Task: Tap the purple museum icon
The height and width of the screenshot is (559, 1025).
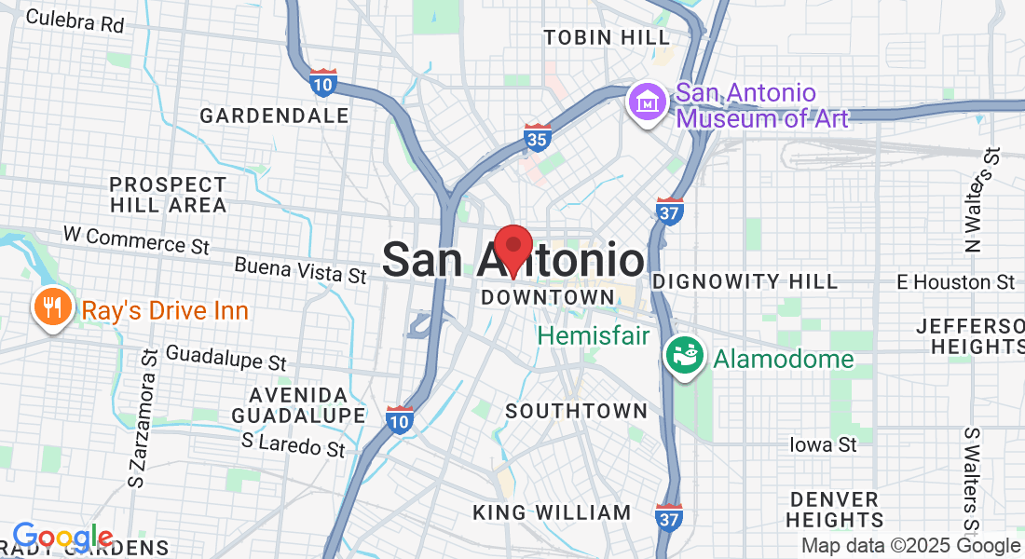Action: pyautogui.click(x=646, y=102)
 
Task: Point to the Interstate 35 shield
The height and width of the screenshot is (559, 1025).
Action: pyautogui.click(x=537, y=137)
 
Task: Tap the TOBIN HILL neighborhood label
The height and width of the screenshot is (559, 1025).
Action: pyautogui.click(x=607, y=37)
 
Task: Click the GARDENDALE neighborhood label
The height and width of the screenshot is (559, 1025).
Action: pyautogui.click(x=274, y=116)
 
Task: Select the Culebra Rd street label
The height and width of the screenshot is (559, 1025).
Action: pyautogui.click(x=75, y=20)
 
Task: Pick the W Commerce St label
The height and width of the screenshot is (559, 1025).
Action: pyautogui.click(x=136, y=240)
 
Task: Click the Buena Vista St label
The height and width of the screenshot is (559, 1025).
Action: pyautogui.click(x=300, y=272)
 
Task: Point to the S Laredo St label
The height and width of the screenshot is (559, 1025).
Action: pyautogui.click(x=293, y=444)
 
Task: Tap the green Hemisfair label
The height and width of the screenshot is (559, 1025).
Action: pyautogui.click(x=593, y=335)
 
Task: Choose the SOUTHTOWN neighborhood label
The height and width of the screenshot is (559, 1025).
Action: pyautogui.click(x=576, y=411)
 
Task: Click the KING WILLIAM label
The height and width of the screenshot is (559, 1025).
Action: pyautogui.click(x=552, y=512)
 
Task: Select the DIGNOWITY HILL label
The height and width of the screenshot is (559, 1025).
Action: pyautogui.click(x=745, y=281)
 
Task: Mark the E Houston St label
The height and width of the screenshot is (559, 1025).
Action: pyautogui.click(x=955, y=281)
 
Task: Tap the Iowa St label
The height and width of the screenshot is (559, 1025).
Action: pyautogui.click(x=823, y=444)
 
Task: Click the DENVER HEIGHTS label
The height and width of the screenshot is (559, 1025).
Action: pyautogui.click(x=835, y=510)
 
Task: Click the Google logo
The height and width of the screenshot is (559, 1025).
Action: pyautogui.click(x=62, y=538)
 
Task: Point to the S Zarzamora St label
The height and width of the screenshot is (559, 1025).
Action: pyautogui.click(x=144, y=420)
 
